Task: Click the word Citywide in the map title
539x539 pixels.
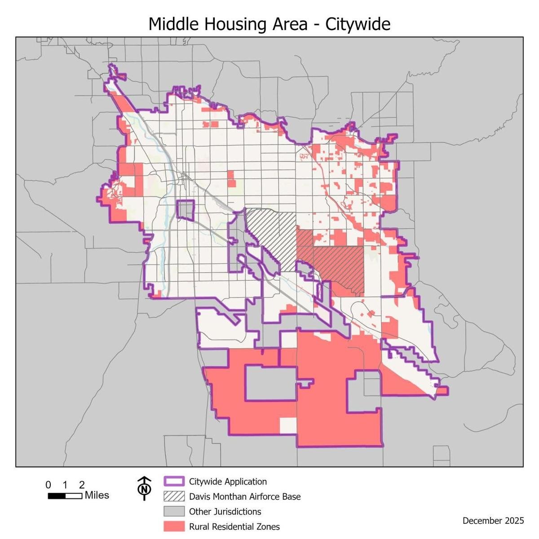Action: click(x=358, y=24)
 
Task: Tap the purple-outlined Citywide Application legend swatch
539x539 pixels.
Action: click(x=174, y=482)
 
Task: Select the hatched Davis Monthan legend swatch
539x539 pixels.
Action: click(x=174, y=496)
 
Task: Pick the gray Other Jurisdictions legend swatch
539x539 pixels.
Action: click(x=174, y=511)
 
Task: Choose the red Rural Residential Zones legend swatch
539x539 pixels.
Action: click(x=174, y=526)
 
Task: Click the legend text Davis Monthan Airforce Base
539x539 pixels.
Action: click(x=245, y=496)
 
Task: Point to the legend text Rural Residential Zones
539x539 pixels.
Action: click(x=234, y=526)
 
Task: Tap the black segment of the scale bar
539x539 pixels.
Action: click(x=57, y=496)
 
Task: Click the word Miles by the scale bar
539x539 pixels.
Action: click(x=97, y=495)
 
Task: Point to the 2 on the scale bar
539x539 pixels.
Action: click(x=82, y=485)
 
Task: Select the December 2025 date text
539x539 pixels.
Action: click(x=493, y=521)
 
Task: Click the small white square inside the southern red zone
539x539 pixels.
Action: click(x=288, y=425)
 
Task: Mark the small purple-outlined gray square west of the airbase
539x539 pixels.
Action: click(x=185, y=210)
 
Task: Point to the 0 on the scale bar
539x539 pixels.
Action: click(x=48, y=485)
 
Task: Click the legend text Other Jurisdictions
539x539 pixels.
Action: click(x=225, y=511)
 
